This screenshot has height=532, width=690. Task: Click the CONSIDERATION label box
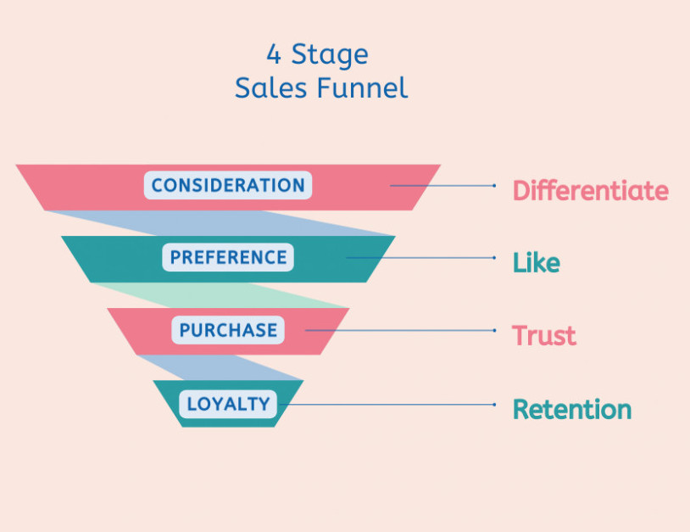tap(228, 186)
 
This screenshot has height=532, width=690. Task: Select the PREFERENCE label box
tap(228, 258)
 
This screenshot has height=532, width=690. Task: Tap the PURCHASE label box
tap(228, 330)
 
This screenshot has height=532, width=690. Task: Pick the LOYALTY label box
tap(228, 404)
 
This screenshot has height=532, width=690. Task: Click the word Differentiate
tap(590, 190)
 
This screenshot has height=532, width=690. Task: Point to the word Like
tap(536, 263)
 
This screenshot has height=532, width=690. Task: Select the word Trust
tap(543, 335)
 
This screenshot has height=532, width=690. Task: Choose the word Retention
tap(572, 409)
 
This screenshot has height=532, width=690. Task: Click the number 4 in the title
tap(274, 55)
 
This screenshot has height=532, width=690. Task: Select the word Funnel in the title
tap(366, 87)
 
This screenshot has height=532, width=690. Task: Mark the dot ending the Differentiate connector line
tap(495, 185)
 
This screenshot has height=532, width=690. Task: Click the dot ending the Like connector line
tap(495, 258)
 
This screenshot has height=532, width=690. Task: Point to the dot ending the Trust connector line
tap(495, 331)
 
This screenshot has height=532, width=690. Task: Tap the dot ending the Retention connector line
tap(495, 405)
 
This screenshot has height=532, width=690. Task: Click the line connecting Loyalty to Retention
tap(390, 405)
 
